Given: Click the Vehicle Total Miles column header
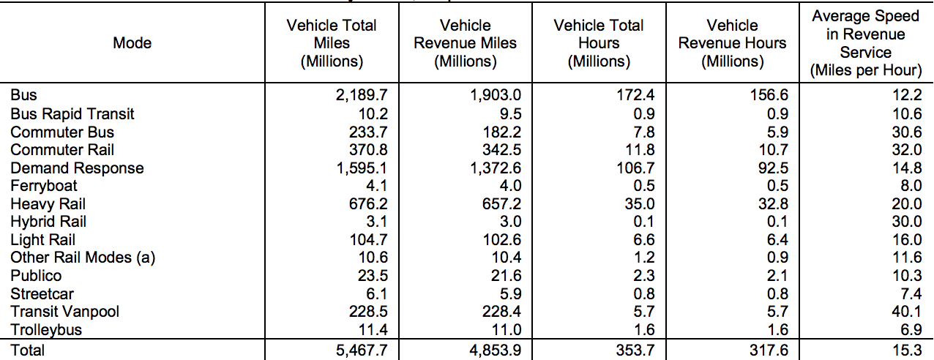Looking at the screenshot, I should pyautogui.click(x=332, y=43).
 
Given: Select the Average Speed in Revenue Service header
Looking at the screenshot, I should pyautogui.click(x=866, y=43).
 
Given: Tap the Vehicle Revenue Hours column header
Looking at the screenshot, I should pyautogui.click(x=732, y=43).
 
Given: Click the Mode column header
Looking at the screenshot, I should pyautogui.click(x=132, y=43).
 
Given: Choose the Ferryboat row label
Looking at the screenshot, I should pyautogui.click(x=44, y=186).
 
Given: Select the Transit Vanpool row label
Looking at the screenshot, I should pyautogui.click(x=65, y=312).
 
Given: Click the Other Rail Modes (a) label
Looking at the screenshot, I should pyautogui.click(x=83, y=258).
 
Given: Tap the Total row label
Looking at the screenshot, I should pyautogui.click(x=27, y=350).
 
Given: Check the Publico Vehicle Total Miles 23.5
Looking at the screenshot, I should pyautogui.click(x=372, y=276).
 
